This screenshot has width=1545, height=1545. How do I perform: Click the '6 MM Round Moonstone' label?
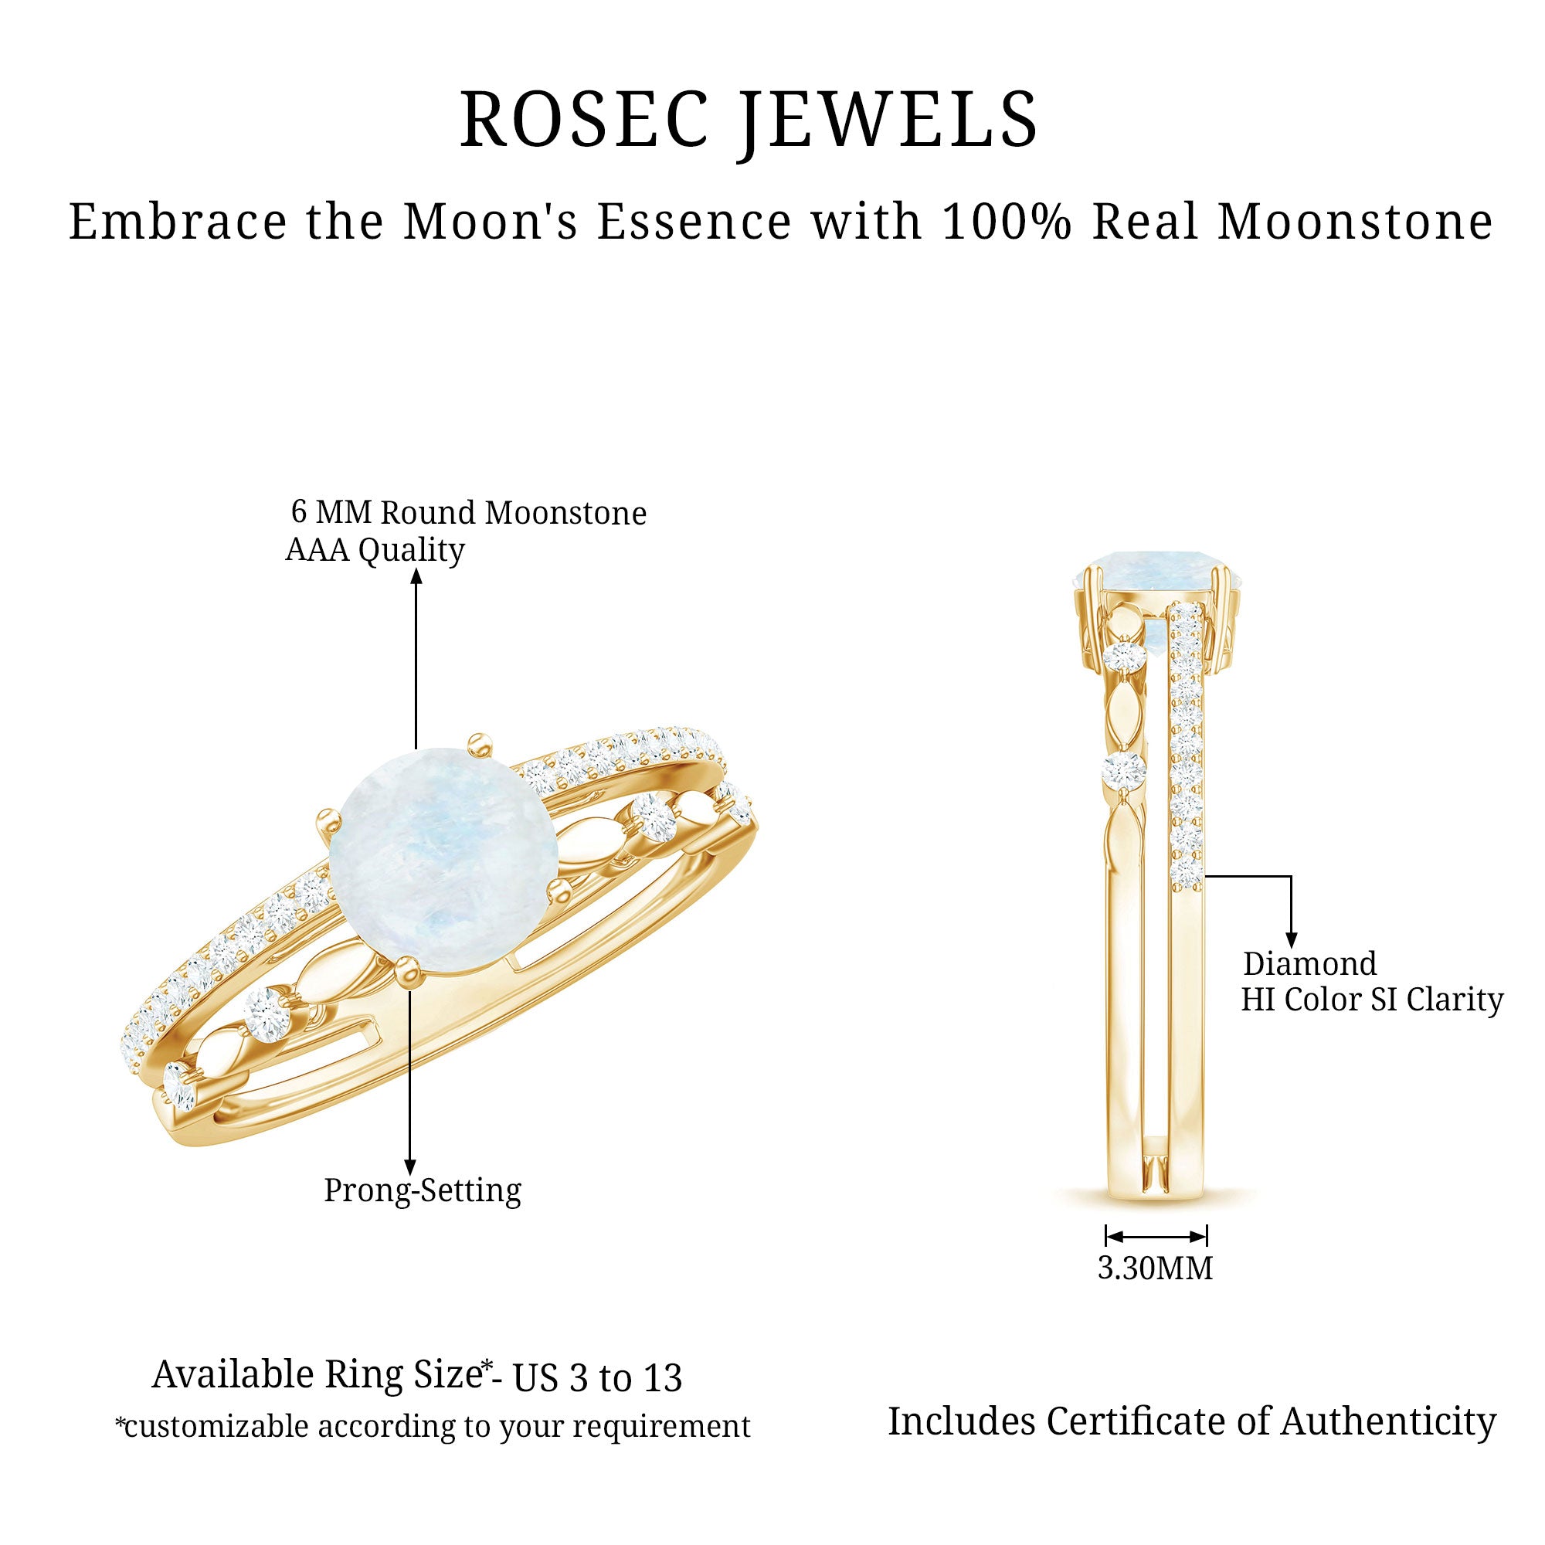click(469, 513)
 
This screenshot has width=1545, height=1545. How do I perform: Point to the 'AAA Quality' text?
click(375, 550)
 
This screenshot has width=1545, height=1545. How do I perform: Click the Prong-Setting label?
click(423, 1190)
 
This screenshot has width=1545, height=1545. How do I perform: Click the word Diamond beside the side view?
click(1309, 963)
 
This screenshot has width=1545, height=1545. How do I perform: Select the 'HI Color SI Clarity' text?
click(1371, 1000)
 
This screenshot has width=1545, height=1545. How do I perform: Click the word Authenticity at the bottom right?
click(1388, 1421)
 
